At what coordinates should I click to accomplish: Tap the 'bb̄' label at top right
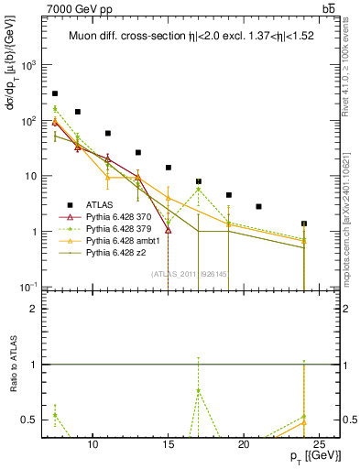click(x=328, y=8)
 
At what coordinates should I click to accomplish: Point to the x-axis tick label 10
click(x=93, y=445)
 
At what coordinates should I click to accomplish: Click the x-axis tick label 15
click(x=169, y=445)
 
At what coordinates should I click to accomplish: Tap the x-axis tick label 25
click(x=319, y=445)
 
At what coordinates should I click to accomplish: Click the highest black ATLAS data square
click(x=55, y=93)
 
